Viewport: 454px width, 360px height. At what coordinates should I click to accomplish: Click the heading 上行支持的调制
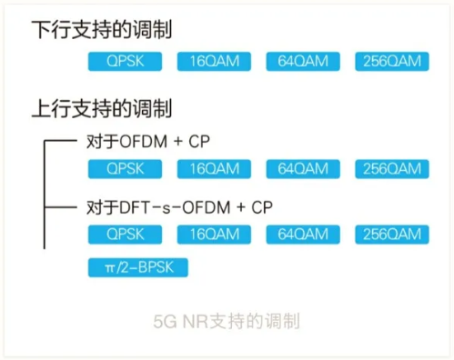[x=102, y=110]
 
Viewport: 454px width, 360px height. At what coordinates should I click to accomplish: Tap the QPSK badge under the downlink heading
[x=125, y=62]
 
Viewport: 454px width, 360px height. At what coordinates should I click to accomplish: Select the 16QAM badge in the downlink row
[x=214, y=62]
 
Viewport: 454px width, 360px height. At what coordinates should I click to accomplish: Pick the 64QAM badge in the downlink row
[x=303, y=62]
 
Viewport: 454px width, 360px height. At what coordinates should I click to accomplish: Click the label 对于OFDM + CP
[x=156, y=141]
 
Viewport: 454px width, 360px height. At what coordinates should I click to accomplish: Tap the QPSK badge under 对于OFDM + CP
[x=125, y=168]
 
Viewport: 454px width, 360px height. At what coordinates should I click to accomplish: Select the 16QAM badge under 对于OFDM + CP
[x=214, y=168]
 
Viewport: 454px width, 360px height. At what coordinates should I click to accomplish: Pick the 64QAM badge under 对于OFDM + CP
[x=303, y=168]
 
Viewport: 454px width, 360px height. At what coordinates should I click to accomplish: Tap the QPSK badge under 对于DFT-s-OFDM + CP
[x=125, y=235]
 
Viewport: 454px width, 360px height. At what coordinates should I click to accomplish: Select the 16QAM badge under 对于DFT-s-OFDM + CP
[x=214, y=235]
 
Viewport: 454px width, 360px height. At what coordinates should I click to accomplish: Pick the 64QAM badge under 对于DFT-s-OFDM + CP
[x=303, y=235]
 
